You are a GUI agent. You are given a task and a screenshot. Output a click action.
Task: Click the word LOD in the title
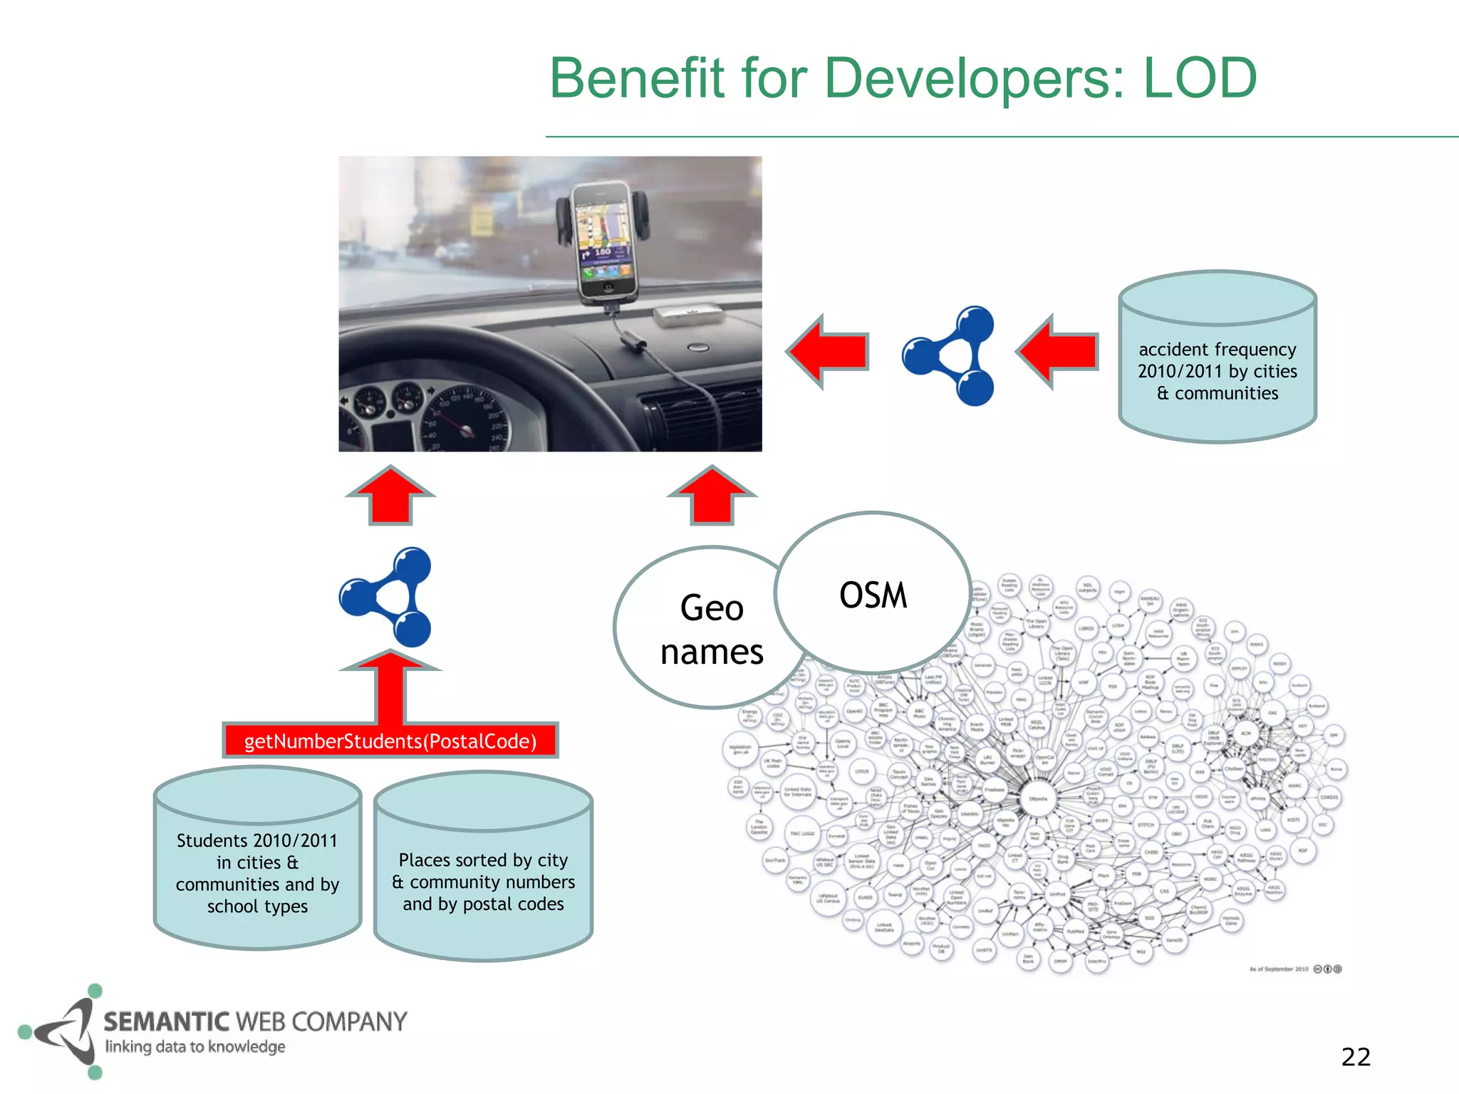click(x=1200, y=78)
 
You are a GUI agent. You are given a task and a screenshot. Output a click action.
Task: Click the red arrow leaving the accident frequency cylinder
click(x=1058, y=352)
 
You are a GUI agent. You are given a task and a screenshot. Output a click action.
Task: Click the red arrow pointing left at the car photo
click(x=828, y=352)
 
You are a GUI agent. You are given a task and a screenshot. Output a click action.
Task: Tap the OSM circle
click(x=873, y=594)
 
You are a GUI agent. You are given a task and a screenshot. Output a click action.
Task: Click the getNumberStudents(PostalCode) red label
click(x=390, y=741)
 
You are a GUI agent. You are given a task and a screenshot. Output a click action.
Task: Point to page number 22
click(x=1355, y=1057)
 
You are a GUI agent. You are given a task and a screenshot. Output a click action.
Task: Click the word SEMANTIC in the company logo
click(x=167, y=1021)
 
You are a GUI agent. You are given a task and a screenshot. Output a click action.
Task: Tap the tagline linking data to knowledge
click(x=194, y=1047)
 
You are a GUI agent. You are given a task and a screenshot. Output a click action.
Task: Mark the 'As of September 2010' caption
click(x=1279, y=969)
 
